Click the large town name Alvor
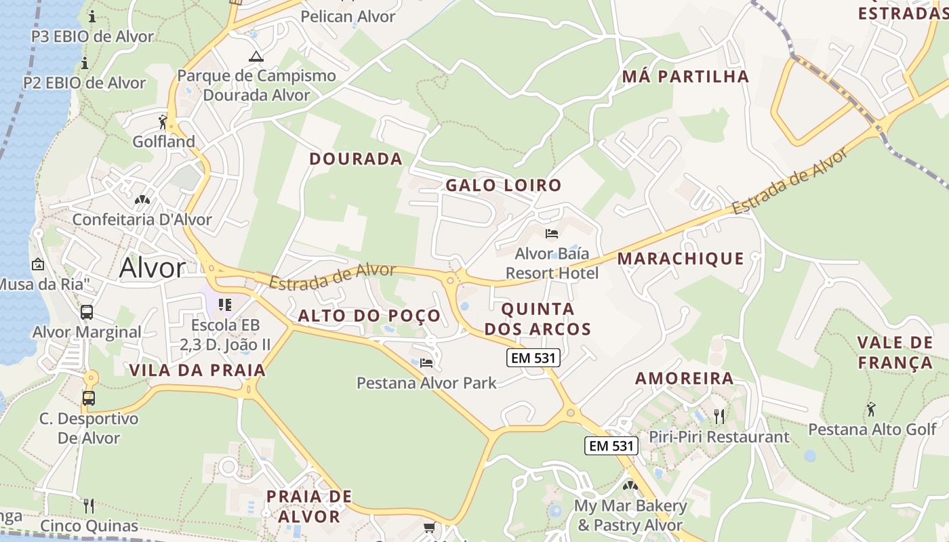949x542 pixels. [x=152, y=268]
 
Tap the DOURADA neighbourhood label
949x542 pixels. [x=356, y=159]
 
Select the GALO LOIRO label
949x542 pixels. [x=504, y=185]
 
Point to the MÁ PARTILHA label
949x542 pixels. [x=686, y=77]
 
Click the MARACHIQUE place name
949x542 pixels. [x=681, y=258]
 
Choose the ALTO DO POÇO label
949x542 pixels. [x=369, y=316]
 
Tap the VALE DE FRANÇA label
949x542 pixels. [x=895, y=352]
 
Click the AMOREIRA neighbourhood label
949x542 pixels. [x=684, y=379]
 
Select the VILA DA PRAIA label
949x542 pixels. [x=197, y=371]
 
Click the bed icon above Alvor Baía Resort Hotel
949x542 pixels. [x=552, y=234]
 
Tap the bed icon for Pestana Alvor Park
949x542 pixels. [x=426, y=363]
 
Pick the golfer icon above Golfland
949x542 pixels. [x=163, y=122]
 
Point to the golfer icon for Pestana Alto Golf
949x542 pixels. [x=871, y=409]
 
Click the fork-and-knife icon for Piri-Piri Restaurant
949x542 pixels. [x=719, y=416]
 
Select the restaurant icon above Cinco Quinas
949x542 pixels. [x=88, y=505]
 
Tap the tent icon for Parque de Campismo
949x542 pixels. [x=256, y=56]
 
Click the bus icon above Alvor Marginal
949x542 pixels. [x=87, y=312]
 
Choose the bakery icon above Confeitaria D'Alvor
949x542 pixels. [x=142, y=200]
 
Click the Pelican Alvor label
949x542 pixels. [x=348, y=16]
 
